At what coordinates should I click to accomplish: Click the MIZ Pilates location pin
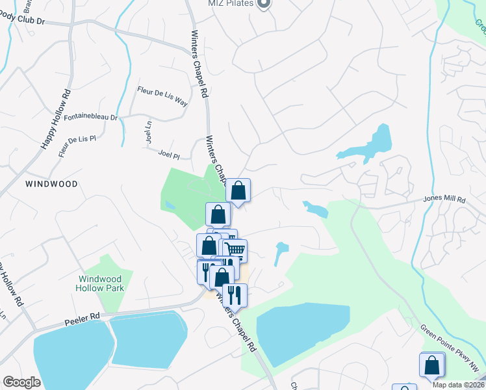pyautogui.click(x=264, y=4)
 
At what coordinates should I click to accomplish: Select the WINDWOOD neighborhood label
pyautogui.click(x=51, y=184)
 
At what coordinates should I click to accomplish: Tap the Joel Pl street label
pyautogui.click(x=168, y=155)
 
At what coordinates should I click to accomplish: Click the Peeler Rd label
pyautogui.click(x=81, y=318)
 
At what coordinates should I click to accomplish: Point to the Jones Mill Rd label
pyautogui.click(x=445, y=200)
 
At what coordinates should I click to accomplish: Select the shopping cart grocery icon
pyautogui.click(x=236, y=250)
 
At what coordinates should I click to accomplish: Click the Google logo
pyautogui.click(x=21, y=382)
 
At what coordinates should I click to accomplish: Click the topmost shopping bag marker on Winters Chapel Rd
pyautogui.click(x=238, y=191)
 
